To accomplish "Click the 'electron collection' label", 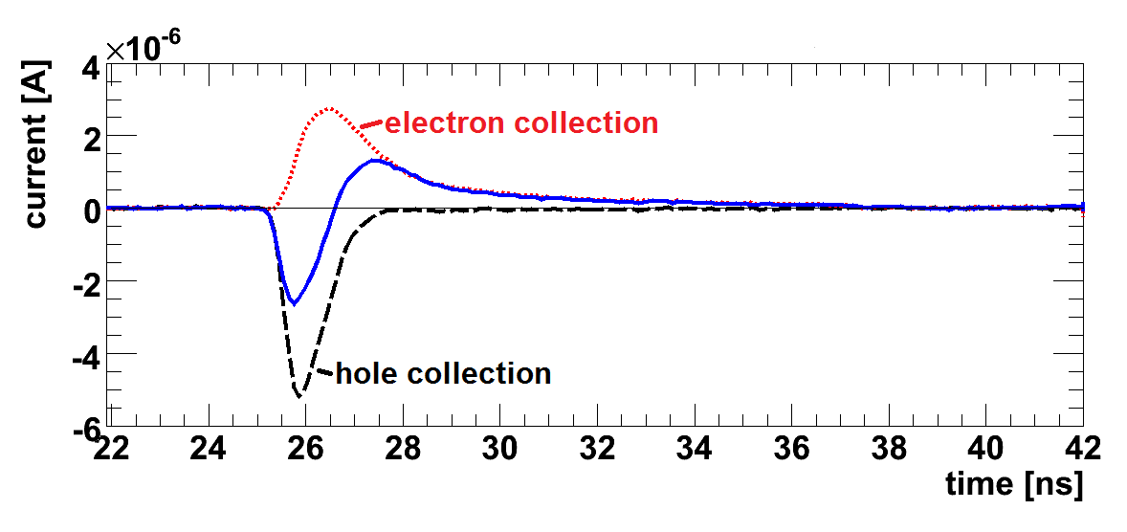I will pos(521,123).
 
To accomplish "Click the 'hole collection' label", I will pos(443,373).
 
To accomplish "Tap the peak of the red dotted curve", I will pos(329,108).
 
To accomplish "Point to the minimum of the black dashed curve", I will pos(299,396).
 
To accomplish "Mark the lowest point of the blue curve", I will pos(294,304).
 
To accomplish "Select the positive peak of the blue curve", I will pos(374,160).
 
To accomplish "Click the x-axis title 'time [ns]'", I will pos(1013,484).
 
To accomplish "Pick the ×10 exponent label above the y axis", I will pos(143,49).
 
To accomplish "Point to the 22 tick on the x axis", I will pos(112,449).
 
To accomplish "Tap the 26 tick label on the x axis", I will pos(306,449).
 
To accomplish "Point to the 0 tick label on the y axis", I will pos(91,211).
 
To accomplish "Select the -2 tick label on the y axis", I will pos(84,283).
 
